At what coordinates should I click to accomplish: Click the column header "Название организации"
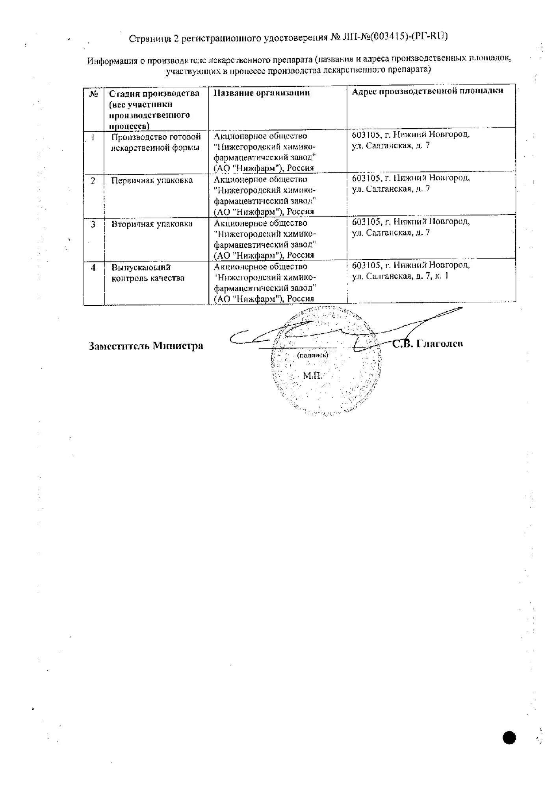pos(262,93)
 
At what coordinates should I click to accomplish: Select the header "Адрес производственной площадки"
pos(427,91)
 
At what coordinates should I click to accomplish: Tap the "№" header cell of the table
pos(94,94)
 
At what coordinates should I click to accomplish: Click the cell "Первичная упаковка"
pos(152,181)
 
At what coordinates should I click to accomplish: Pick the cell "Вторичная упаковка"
pos(152,224)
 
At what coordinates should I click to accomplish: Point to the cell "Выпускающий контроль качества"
pos(148,273)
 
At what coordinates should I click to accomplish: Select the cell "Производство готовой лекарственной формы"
pos(156,142)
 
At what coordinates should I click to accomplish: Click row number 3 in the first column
pos(93,224)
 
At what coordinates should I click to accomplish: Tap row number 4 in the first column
pos(93,267)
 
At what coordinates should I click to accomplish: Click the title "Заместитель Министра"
pos(146,346)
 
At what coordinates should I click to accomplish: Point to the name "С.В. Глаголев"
pos(427,344)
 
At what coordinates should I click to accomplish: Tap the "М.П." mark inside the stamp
pos(312,375)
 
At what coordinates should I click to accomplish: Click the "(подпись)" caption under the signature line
pos(312,355)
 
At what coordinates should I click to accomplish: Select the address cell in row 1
pos(410,140)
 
